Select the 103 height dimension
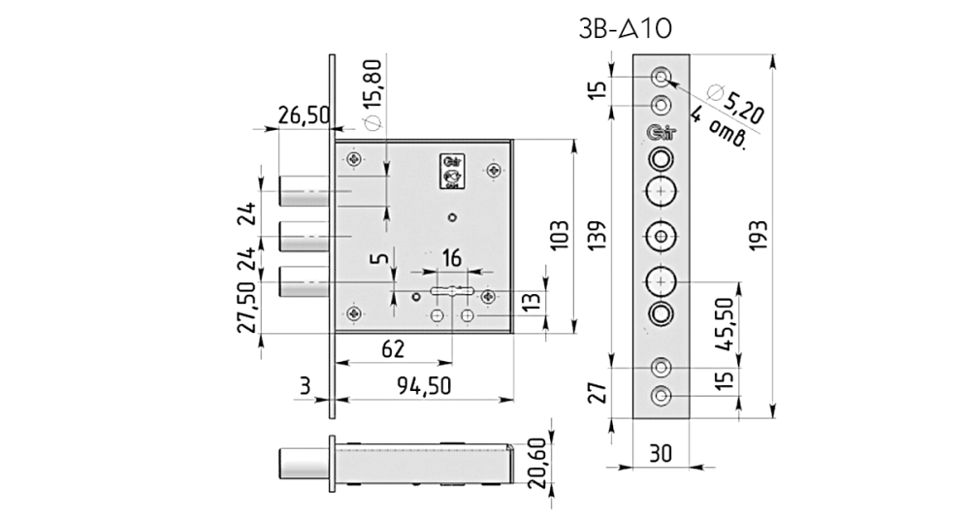559,235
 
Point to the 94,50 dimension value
424,385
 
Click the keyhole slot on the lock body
451,291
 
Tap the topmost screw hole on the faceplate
661,76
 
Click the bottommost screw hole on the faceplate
661,396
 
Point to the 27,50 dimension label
247,308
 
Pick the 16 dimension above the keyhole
451,258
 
